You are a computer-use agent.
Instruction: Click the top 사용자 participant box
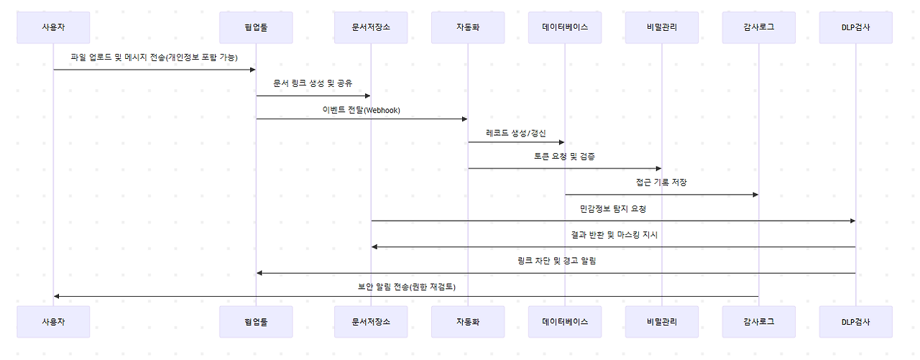click(x=53, y=27)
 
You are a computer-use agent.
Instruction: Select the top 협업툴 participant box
click(x=256, y=27)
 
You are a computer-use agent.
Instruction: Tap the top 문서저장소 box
click(x=371, y=27)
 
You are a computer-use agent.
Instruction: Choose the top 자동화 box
click(x=468, y=27)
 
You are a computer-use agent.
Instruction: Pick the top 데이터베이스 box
click(x=565, y=27)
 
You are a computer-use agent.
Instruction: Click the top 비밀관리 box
click(x=662, y=27)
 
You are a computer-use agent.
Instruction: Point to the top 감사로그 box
click(x=759, y=27)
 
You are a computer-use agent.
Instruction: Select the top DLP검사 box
click(x=855, y=27)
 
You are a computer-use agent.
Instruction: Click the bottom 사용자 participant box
click(x=53, y=321)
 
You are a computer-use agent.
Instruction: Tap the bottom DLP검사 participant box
click(x=855, y=321)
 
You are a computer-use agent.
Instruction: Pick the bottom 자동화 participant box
click(x=468, y=321)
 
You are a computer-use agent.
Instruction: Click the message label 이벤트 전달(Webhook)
click(x=362, y=110)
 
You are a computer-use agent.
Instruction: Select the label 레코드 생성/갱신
click(x=516, y=133)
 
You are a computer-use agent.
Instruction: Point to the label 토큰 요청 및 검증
click(x=564, y=156)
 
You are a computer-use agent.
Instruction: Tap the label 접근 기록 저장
click(x=661, y=183)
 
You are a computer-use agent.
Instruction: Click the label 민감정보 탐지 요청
click(x=613, y=209)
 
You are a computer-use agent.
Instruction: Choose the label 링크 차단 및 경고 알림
click(x=556, y=261)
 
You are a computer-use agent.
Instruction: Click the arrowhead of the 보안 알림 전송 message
click(x=57, y=296)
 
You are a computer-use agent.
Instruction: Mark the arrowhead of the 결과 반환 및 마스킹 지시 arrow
click(x=374, y=247)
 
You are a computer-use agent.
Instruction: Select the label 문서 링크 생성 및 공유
click(x=313, y=83)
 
